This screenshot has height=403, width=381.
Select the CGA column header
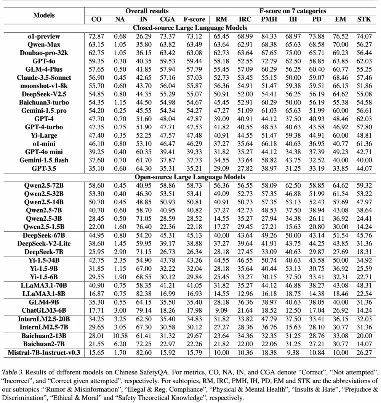[x=168, y=19]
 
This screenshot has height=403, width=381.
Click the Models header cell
[x=44, y=15]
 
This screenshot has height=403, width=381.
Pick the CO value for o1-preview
[x=97, y=36]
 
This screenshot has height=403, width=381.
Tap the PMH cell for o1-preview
[x=269, y=36]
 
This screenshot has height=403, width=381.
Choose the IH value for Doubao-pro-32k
[x=293, y=53]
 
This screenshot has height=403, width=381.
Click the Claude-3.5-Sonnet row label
[x=44, y=78]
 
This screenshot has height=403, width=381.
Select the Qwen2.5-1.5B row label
[x=44, y=226]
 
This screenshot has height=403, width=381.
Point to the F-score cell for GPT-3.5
[x=194, y=169]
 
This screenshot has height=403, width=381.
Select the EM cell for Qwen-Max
[x=339, y=45]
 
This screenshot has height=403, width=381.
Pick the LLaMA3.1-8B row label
[x=44, y=293]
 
